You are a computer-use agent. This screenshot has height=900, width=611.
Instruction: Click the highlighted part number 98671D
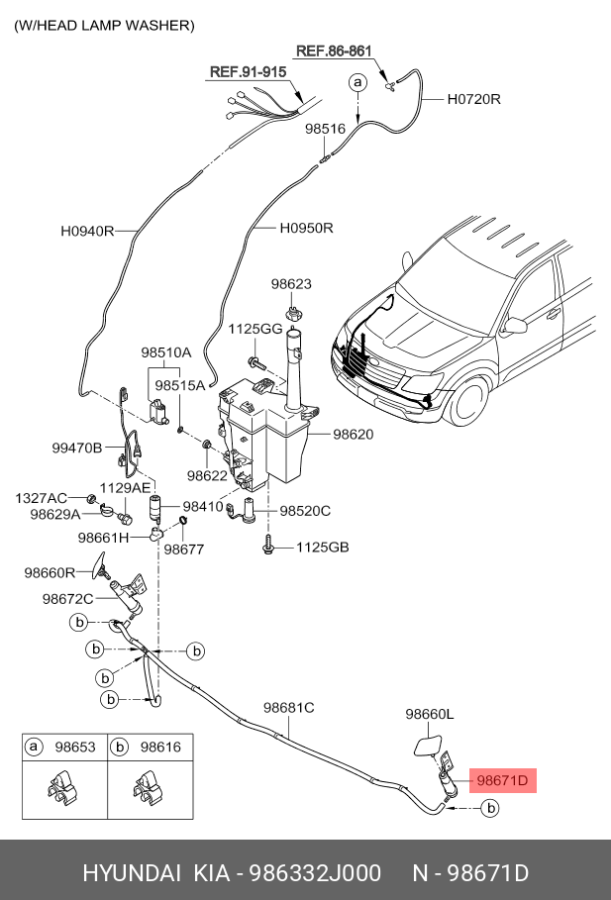click(502, 780)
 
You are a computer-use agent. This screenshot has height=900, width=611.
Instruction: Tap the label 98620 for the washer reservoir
click(354, 435)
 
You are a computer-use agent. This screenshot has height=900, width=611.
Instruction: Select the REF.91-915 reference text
click(249, 71)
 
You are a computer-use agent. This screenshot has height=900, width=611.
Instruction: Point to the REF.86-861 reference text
click(334, 50)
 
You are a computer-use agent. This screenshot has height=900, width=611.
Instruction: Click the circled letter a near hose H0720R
click(357, 82)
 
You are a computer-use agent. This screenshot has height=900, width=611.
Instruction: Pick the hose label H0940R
click(87, 232)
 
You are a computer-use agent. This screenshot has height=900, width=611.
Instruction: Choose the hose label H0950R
click(307, 228)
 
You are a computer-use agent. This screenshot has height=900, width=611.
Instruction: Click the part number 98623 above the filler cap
click(292, 283)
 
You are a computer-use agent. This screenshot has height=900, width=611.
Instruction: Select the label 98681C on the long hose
click(289, 708)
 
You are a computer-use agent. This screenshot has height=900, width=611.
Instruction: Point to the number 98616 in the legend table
click(160, 748)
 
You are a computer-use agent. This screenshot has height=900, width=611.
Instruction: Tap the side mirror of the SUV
click(515, 325)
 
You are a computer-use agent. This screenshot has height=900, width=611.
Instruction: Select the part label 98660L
click(430, 714)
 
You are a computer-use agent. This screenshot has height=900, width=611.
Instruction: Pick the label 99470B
click(77, 449)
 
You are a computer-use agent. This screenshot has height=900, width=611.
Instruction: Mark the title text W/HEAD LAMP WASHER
click(105, 26)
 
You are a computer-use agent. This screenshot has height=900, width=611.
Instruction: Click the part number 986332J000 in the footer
click(314, 873)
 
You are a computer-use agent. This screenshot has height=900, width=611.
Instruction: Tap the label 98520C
click(305, 510)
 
